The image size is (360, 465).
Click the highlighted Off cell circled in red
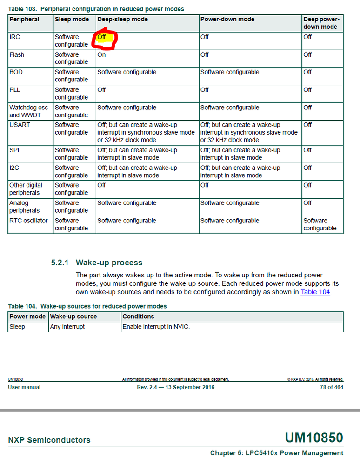click(102, 37)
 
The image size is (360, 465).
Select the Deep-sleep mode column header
click(122, 20)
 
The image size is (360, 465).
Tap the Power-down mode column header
click(227, 20)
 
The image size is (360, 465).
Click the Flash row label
click(17, 54)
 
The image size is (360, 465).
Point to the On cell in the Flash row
click(101, 54)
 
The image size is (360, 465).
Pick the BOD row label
click(16, 72)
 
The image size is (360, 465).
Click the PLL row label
click(15, 90)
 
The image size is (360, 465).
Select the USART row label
click(19, 125)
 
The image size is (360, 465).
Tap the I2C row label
click(14, 168)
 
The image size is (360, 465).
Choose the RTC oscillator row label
click(28, 221)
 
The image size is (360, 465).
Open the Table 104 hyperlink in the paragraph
click(315, 292)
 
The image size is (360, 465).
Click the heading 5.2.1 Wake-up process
click(97, 263)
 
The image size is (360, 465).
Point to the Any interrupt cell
click(67, 327)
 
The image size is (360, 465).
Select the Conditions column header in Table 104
click(138, 317)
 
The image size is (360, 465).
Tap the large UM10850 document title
click(314, 438)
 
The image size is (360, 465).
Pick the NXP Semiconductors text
click(49, 440)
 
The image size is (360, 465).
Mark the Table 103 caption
click(96, 9)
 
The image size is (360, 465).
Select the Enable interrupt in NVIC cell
click(156, 327)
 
